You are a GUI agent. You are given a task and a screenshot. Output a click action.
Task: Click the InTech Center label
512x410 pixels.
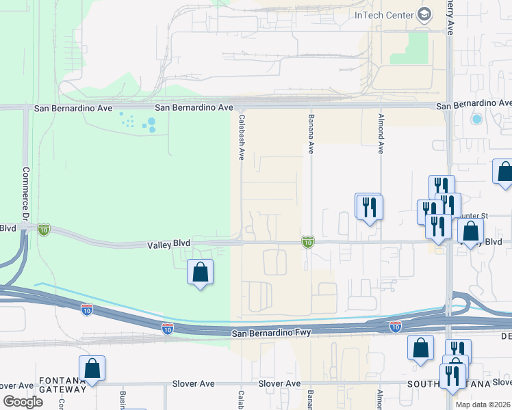tap(383, 15)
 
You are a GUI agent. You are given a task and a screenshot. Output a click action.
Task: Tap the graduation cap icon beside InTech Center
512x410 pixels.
tap(424, 15)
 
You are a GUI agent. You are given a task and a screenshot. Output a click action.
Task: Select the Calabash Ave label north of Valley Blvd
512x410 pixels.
tap(242, 137)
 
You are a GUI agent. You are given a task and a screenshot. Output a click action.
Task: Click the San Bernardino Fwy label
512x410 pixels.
tap(271, 333)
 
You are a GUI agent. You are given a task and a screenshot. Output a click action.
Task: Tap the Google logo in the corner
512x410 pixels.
tap(23, 402)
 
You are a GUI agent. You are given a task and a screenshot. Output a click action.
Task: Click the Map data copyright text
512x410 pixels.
tap(482, 405)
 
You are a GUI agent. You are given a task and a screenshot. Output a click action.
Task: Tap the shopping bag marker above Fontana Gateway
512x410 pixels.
tap(92, 368)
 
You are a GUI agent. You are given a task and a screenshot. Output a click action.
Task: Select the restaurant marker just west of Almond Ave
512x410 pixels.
tap(369, 206)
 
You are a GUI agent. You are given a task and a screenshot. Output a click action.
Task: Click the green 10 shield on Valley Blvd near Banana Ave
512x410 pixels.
tap(308, 242)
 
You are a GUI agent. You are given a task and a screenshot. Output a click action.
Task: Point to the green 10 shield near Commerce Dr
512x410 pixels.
tap(44, 229)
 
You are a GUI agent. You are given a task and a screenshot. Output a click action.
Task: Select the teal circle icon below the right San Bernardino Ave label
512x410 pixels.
tap(476, 119)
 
